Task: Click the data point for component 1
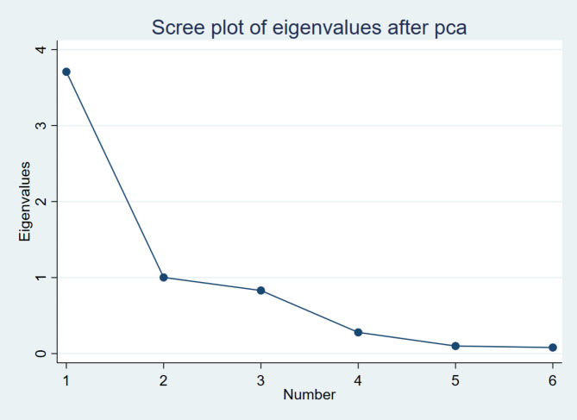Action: (x=66, y=72)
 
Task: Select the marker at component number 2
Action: (x=163, y=278)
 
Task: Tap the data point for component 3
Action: (x=260, y=291)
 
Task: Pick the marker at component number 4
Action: (x=358, y=332)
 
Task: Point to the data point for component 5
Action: (x=455, y=346)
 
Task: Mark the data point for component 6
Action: (x=553, y=348)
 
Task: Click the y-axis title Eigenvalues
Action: (x=26, y=201)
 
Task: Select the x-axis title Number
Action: (x=310, y=395)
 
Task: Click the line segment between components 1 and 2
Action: (x=115, y=174)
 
